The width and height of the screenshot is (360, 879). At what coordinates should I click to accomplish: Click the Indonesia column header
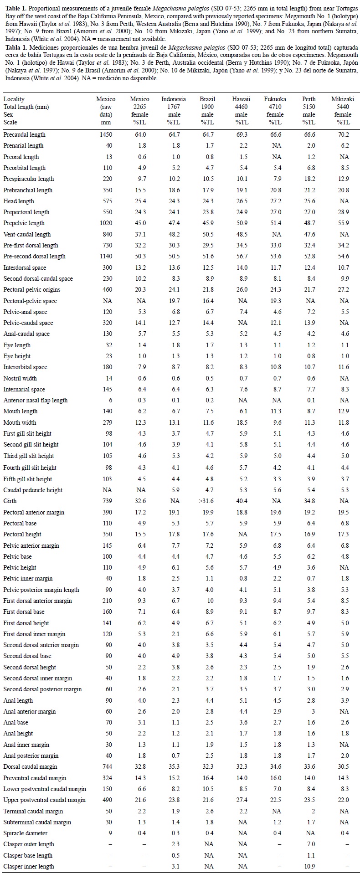[173, 99]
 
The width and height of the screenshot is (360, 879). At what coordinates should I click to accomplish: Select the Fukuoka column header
[275, 99]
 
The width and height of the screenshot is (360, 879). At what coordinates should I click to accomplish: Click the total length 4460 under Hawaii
[241, 107]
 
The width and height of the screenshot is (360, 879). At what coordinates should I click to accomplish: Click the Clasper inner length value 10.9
[309, 866]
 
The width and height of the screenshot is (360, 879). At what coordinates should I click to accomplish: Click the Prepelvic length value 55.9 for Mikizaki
[344, 223]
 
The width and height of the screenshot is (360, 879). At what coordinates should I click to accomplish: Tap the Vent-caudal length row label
[27, 234]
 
